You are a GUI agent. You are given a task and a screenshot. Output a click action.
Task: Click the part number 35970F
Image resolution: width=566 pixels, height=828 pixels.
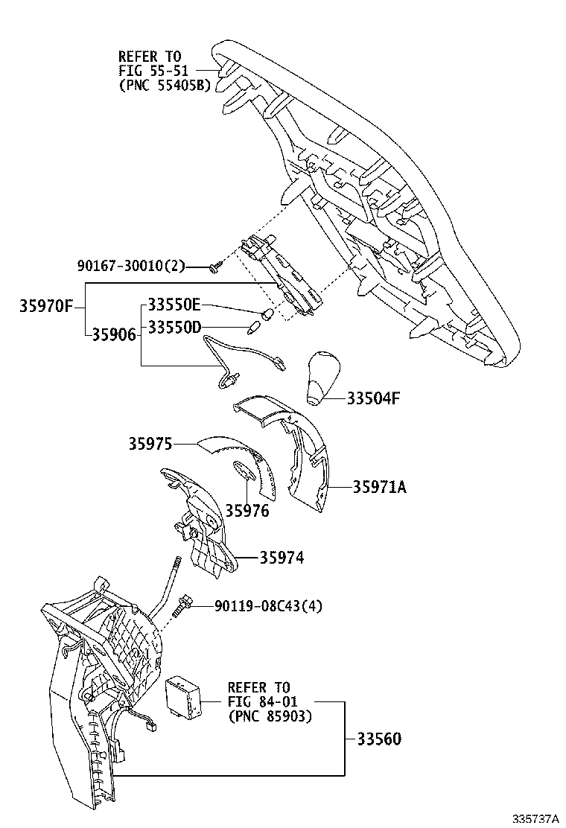(46, 305)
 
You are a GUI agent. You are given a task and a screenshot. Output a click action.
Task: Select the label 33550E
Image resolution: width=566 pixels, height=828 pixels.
(174, 305)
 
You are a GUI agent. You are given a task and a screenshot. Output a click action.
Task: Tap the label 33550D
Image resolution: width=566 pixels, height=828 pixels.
(174, 327)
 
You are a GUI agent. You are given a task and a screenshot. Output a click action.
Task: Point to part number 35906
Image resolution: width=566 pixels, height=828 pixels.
(114, 334)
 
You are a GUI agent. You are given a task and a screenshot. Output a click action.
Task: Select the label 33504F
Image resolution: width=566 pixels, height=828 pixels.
(373, 398)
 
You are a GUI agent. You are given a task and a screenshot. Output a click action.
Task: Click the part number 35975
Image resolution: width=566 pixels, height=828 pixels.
(150, 445)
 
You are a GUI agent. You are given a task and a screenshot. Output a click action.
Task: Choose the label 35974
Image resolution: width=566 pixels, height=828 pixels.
(282, 558)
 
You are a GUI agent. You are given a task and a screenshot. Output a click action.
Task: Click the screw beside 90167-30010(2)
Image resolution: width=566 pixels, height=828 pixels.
(214, 267)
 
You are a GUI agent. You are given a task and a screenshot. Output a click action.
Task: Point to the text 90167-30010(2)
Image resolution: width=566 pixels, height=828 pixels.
(131, 266)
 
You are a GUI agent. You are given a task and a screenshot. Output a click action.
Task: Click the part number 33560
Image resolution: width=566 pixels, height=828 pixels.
(378, 739)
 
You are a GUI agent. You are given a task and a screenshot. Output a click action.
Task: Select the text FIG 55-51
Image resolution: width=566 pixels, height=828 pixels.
(154, 71)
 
